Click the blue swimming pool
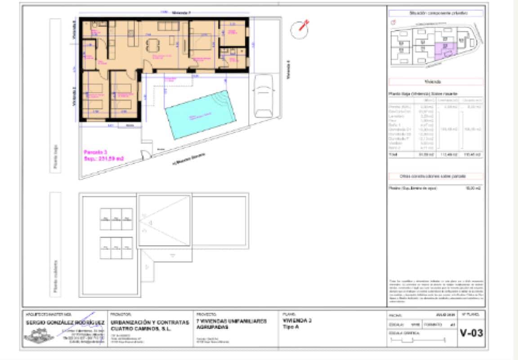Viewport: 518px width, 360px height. point(201,116)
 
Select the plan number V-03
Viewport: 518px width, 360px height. point(471,333)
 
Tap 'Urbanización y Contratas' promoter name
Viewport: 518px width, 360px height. point(150,323)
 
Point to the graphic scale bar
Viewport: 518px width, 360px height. point(418,340)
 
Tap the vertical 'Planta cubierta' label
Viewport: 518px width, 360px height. point(55,276)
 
